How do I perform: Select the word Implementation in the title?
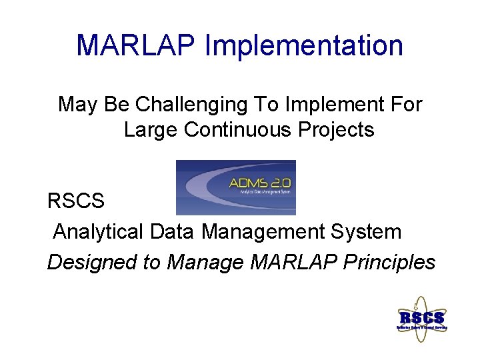[x=304, y=46]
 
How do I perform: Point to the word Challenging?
[x=174, y=105]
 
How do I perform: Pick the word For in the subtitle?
[x=407, y=105]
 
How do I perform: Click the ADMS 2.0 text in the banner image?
[x=260, y=183]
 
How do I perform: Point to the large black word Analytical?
[x=98, y=232]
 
